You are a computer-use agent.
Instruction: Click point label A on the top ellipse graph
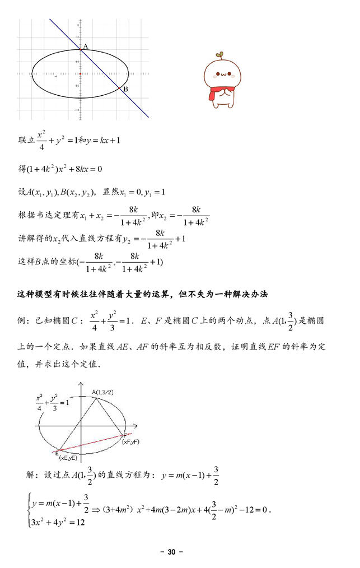pos(85,46)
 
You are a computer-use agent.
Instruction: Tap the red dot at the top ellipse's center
pos(81,73)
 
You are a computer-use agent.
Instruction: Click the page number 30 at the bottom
pos(171,552)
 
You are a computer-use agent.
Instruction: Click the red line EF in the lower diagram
pos(92,442)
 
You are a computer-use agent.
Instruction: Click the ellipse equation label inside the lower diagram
pos(52,401)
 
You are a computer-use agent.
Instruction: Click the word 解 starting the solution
pos(31,475)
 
